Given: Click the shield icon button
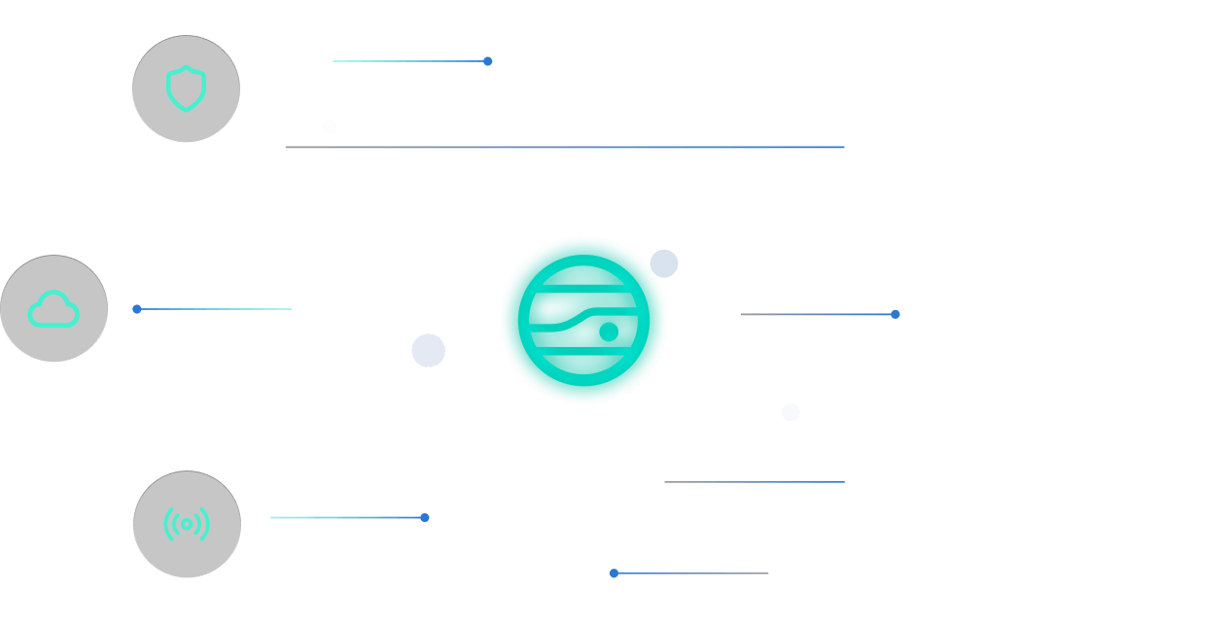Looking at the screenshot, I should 186,89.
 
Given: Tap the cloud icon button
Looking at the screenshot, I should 53,308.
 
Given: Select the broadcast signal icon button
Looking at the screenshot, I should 187,524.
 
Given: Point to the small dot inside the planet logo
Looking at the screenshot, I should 609,331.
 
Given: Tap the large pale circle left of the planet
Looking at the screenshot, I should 428,350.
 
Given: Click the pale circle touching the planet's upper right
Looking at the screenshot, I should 664,263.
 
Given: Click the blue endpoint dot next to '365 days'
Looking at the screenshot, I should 896,314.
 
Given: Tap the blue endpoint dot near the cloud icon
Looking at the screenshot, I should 137,309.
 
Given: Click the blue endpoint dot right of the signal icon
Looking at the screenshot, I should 425,517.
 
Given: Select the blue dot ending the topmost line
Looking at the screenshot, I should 488,61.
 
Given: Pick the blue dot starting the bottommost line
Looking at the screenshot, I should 614,574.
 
